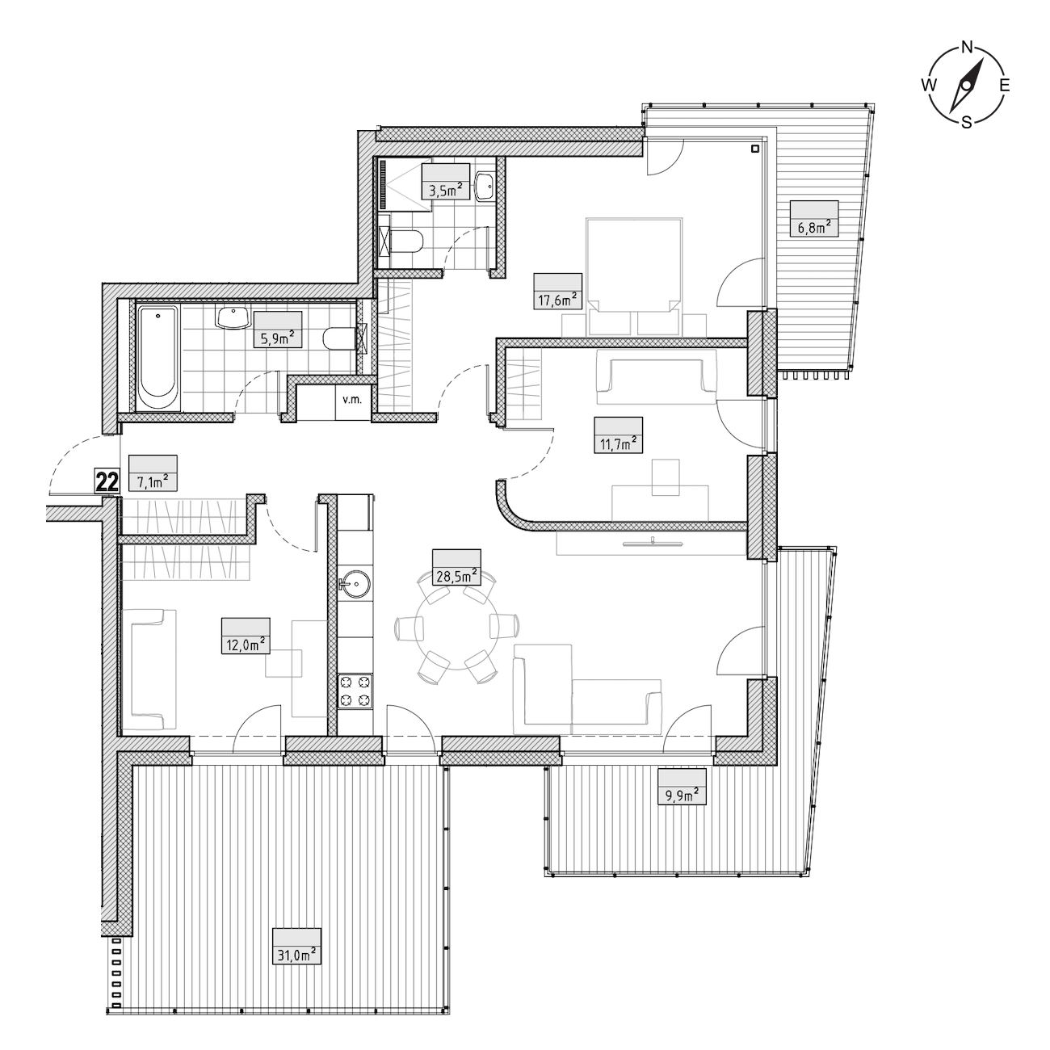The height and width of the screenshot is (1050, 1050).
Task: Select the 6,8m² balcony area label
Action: [x=814, y=227]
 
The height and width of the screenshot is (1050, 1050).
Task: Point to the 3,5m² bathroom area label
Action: [x=445, y=190]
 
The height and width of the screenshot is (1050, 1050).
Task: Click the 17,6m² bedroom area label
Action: [x=558, y=300]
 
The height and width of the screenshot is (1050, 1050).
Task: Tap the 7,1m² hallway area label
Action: [x=153, y=481]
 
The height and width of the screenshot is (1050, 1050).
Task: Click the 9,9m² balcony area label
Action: [x=682, y=795]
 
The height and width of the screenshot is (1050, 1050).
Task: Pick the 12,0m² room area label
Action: [x=246, y=645]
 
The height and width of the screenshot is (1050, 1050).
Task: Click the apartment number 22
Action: [x=107, y=482]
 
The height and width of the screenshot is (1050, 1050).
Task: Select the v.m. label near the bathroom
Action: [x=352, y=399]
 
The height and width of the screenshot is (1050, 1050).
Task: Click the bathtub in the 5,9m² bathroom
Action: [x=158, y=359]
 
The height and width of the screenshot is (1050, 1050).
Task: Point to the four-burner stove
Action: [x=355, y=691]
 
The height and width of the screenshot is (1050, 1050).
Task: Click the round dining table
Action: [x=456, y=626]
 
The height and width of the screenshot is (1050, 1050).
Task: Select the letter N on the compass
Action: [x=967, y=48]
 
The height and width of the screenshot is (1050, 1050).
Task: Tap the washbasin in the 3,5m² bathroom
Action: [x=485, y=187]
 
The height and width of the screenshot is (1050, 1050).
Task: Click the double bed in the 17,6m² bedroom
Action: [x=634, y=276]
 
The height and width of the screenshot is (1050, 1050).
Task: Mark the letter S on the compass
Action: [x=966, y=122]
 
